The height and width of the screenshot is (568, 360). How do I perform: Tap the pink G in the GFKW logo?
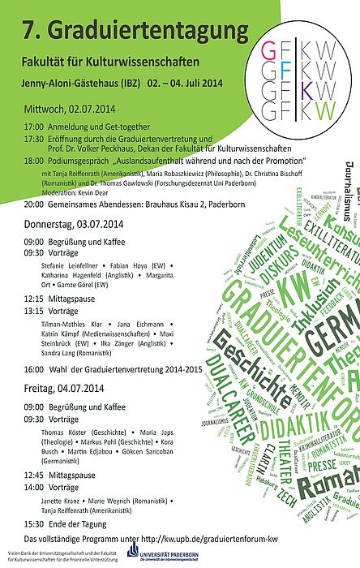point(269,51)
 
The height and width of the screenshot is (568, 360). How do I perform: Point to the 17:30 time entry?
point(33,138)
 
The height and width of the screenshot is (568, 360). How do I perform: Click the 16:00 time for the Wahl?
point(33,368)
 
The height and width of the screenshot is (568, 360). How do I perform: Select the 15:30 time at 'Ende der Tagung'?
point(33,524)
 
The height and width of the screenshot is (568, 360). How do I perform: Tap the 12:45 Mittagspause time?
point(33,476)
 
